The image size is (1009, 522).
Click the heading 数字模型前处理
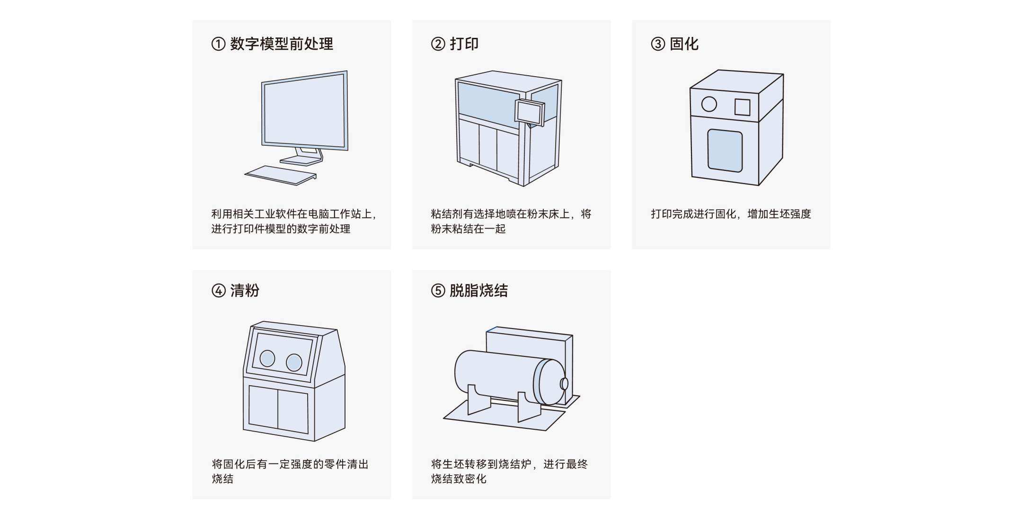tap(281, 44)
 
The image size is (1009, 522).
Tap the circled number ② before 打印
tap(438, 44)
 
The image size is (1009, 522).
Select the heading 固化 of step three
tap(684, 44)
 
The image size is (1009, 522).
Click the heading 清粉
tap(245, 290)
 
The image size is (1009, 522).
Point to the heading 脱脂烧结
tap(478, 290)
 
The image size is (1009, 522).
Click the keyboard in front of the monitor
tap(280, 175)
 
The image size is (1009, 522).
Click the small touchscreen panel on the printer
tap(529, 112)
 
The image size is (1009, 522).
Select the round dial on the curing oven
tap(708, 104)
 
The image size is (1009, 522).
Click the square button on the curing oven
tap(742, 107)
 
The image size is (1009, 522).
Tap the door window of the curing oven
tap(725, 150)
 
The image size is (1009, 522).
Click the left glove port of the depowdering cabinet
tap(267, 358)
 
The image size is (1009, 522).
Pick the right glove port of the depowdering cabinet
tap(294, 363)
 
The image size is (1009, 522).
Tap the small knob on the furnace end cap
tap(564, 383)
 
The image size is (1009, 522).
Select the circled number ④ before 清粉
tap(218, 290)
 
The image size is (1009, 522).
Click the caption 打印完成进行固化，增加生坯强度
tap(731, 214)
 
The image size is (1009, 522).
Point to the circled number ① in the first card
tap(218, 44)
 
